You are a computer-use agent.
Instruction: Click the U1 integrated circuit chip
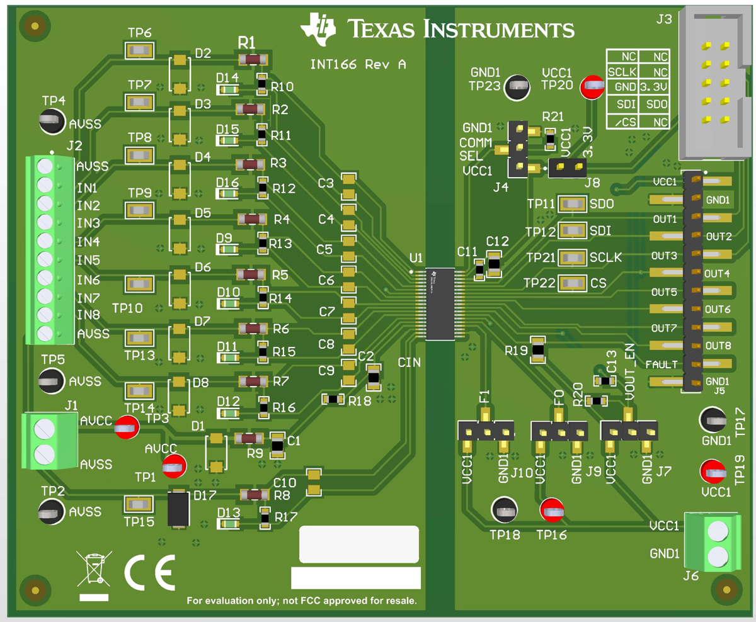pos(440,304)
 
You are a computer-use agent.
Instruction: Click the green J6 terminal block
pos(718,543)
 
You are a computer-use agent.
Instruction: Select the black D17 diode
pos(179,508)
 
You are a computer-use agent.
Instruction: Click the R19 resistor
pos(537,349)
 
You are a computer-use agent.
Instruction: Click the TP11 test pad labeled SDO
pos(572,204)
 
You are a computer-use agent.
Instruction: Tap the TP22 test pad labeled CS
pos(572,284)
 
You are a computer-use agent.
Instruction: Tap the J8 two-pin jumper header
pos(568,167)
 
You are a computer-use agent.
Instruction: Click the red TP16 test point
pos(553,511)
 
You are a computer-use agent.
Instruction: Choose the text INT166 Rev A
pos(358,64)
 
